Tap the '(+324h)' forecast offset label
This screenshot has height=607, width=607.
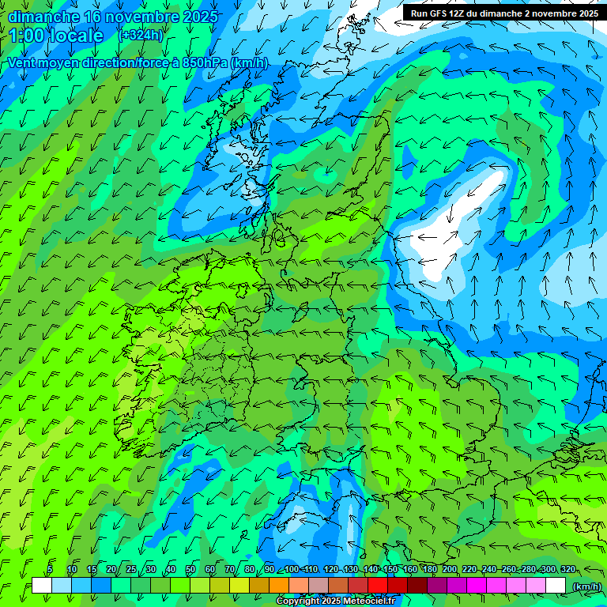pyautogui.click(x=141, y=35)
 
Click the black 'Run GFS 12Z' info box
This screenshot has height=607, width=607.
pyautogui.click(x=503, y=13)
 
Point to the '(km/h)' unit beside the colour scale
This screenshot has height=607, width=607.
pyautogui.click(x=586, y=586)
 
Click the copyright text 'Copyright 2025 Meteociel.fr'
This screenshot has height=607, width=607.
pyautogui.click(x=335, y=601)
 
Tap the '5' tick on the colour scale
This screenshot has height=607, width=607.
pyautogui.click(x=50, y=570)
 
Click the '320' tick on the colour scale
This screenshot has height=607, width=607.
pyautogui.click(x=567, y=570)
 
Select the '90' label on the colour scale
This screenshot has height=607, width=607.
pyautogui.click(x=270, y=570)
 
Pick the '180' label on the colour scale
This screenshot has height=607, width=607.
pyautogui.click(x=428, y=570)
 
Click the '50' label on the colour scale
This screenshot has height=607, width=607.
pyautogui.click(x=190, y=570)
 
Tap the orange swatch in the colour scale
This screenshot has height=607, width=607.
pyautogui.click(x=279, y=586)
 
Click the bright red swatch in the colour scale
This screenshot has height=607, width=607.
pyautogui.click(x=378, y=586)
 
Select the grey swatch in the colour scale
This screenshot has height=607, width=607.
pyautogui.click(x=319, y=586)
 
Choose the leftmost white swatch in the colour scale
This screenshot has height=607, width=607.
pyautogui.click(x=42, y=586)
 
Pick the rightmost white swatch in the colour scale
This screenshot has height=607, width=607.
pyautogui.click(x=556, y=586)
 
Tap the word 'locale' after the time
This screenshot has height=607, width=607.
pyautogui.click(x=76, y=36)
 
